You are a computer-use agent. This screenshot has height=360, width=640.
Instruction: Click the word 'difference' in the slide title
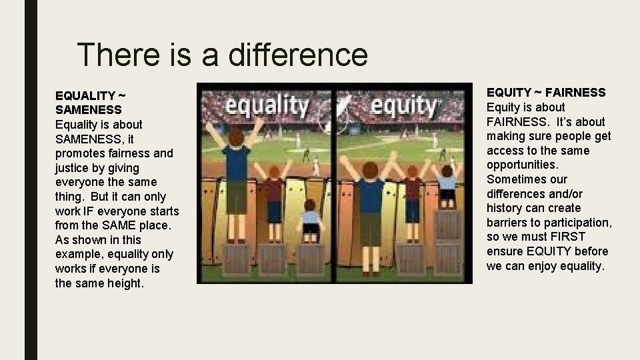[297, 54]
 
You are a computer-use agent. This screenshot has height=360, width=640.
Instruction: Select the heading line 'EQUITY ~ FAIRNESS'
[546, 93]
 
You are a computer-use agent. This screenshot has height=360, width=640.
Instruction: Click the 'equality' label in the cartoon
[266, 106]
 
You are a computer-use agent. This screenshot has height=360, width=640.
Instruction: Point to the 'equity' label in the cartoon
[403, 106]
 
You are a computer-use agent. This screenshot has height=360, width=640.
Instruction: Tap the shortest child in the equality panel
[310, 220]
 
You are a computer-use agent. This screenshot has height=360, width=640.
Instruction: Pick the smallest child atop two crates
[447, 183]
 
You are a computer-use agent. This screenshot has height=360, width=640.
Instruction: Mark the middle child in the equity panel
[412, 197]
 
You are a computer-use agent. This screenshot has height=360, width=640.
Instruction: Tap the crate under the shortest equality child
[310, 259]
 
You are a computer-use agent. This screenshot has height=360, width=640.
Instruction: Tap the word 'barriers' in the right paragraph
[507, 223]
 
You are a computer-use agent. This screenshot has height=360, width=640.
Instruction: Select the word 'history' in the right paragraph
[505, 208]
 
